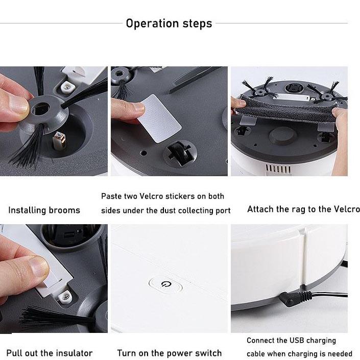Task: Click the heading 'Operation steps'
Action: [x=169, y=23]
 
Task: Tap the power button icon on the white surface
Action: [x=166, y=285]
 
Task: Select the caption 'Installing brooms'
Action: [x=44, y=210]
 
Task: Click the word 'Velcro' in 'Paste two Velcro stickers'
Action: [x=151, y=196]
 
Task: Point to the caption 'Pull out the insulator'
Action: [x=50, y=353]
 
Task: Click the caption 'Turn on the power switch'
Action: [x=170, y=353]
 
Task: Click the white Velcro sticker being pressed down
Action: [x=159, y=118]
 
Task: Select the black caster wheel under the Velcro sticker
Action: [x=180, y=153]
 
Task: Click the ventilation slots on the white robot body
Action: [x=278, y=169]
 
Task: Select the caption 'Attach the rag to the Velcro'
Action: [x=303, y=209]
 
